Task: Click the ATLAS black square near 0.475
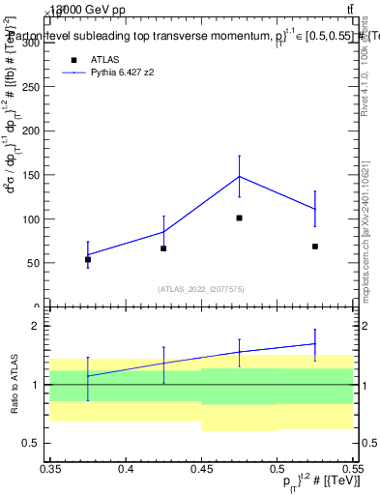pos(239,218)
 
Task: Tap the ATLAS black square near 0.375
pos(88,259)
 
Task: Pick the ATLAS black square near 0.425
pos(163,248)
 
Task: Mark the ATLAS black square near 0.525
pos(315,247)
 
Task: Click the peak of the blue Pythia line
pos(239,176)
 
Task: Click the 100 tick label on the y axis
pos(33,218)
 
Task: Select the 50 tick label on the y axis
pos(36,262)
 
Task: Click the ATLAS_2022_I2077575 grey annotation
pos(201,288)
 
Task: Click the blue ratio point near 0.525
pos(315,343)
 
